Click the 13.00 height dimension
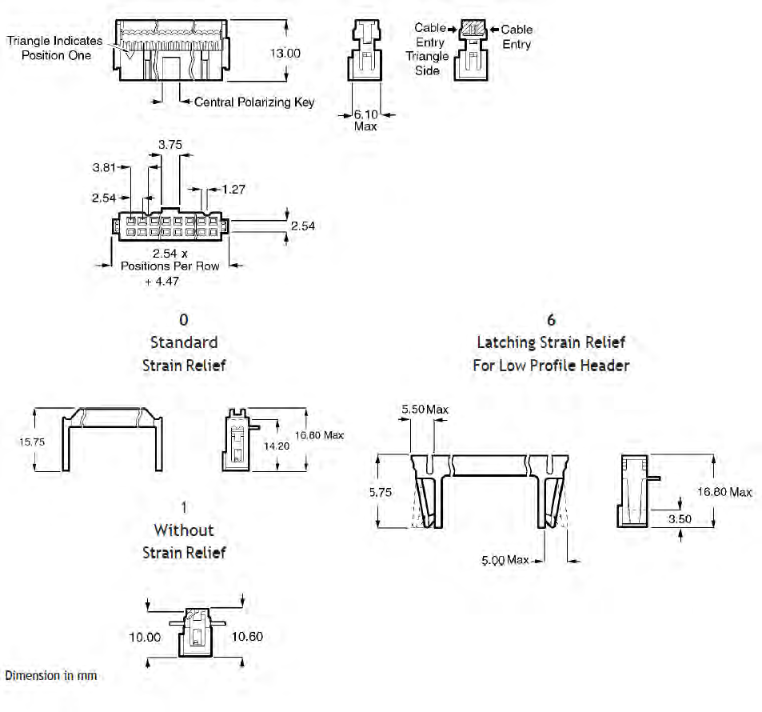click(x=285, y=53)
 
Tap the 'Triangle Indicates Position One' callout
click(x=55, y=47)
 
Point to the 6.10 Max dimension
click(x=365, y=120)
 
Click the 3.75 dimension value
click(x=170, y=145)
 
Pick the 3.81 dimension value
click(x=105, y=168)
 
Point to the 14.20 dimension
click(x=282, y=446)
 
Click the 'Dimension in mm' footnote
click(x=51, y=676)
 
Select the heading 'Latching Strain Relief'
click(x=551, y=342)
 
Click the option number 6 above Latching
click(x=551, y=320)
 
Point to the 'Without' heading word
click(x=184, y=530)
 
